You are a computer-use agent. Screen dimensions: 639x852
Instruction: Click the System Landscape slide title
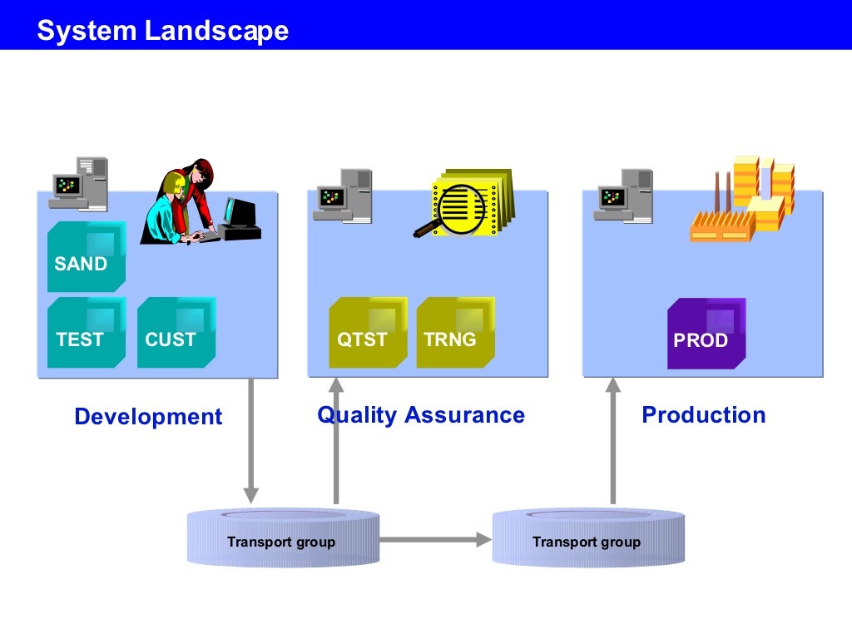pos(163,31)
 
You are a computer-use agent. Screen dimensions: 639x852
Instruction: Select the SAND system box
pos(87,257)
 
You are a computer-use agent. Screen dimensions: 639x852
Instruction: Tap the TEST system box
pos(87,333)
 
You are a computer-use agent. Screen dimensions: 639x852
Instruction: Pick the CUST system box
pos(176,333)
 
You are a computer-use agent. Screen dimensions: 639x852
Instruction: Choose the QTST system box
pos(368,333)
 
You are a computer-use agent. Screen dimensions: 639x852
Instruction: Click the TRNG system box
pos(455,333)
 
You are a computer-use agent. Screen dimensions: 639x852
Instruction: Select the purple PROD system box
pos(706,334)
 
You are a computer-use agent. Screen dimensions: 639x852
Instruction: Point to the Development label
pos(148,416)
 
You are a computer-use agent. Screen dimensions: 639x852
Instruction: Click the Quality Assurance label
pos(421,414)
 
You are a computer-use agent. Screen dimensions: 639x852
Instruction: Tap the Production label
pos(703,414)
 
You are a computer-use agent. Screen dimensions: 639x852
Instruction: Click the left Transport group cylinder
pos(282,539)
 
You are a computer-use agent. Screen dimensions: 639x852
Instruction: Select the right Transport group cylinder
pos(587,539)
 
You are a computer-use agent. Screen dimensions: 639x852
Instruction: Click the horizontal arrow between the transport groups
pos(435,540)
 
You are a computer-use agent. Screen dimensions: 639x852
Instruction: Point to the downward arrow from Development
pos(250,441)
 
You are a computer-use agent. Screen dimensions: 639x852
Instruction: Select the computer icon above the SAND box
pos(80,182)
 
